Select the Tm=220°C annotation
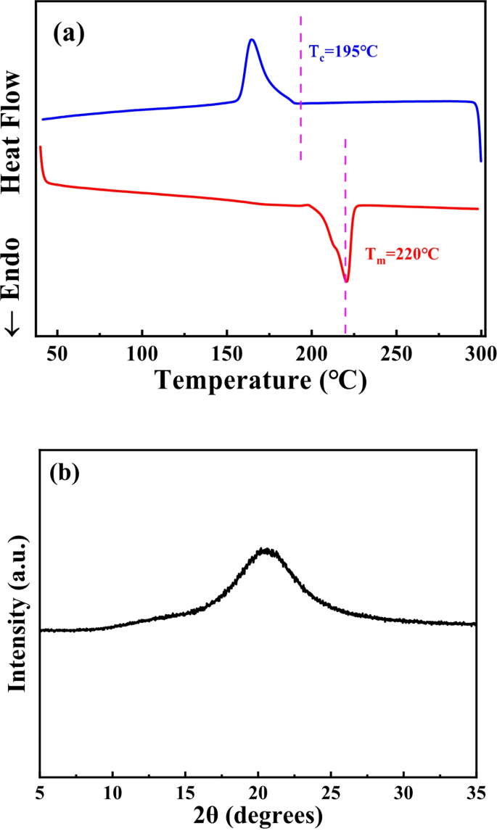[x=402, y=255]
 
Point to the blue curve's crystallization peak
[x=252, y=40]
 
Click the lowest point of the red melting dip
[x=346, y=281]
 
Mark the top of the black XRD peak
[x=267, y=550]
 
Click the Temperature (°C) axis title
[x=260, y=379]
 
